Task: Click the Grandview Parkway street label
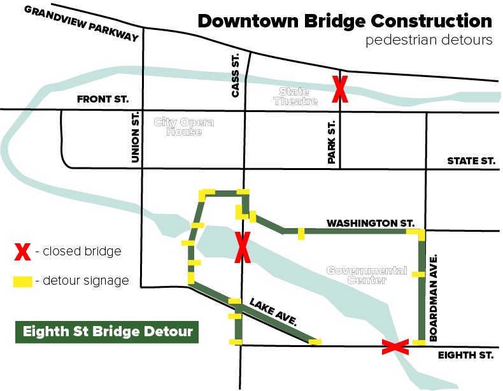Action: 81,24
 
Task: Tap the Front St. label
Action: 103,99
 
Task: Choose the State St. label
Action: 471,161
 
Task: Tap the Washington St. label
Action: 371,224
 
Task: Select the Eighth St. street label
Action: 467,357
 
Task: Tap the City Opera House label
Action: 184,127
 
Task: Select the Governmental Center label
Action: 367,275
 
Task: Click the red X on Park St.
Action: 340,90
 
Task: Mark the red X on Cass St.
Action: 242,247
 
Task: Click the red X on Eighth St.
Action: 395,347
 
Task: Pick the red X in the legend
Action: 22,252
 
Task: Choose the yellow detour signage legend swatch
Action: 22,280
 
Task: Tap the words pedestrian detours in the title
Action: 429,40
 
